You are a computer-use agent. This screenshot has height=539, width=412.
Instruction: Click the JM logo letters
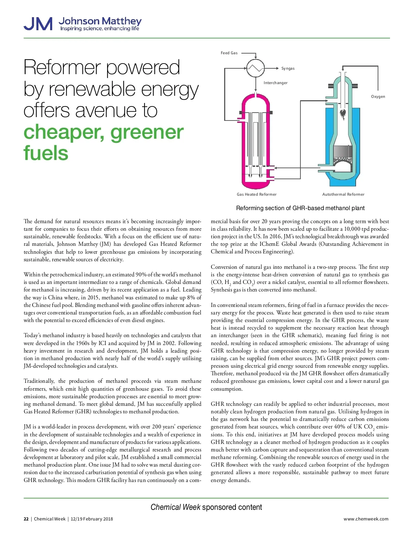[38, 24]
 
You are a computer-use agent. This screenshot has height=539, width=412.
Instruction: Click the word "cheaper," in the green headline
[64, 132]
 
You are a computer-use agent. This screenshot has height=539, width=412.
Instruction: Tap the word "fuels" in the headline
[46, 153]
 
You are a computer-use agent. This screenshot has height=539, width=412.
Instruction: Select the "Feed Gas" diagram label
[229, 53]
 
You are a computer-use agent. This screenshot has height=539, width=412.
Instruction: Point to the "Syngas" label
[288, 68]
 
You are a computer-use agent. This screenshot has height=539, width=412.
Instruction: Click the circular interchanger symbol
[255, 68]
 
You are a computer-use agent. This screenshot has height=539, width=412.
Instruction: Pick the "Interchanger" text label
[275, 83]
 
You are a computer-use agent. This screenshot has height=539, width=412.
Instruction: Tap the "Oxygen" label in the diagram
[378, 96]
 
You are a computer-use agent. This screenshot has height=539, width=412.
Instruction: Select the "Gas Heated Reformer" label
[256, 194]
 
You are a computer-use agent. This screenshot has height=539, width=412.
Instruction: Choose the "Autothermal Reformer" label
[343, 194]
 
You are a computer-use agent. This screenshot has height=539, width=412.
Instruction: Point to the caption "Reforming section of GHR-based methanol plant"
[300, 208]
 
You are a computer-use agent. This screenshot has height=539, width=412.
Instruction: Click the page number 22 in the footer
[26, 519]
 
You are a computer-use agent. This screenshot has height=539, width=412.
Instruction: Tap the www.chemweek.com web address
[366, 519]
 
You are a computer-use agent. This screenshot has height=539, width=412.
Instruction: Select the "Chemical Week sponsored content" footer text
[206, 507]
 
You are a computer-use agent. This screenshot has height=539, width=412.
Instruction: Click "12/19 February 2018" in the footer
[92, 519]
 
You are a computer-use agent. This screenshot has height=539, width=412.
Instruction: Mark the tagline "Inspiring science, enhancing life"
[100, 28]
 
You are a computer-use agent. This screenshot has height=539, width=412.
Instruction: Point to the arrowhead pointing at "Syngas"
[277, 68]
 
